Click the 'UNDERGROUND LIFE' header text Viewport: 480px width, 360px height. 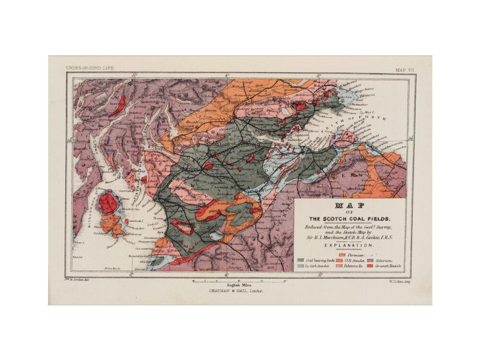click(90, 69)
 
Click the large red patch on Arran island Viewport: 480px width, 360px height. click(108, 203)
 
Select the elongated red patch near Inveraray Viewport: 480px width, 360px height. click(117, 106)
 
